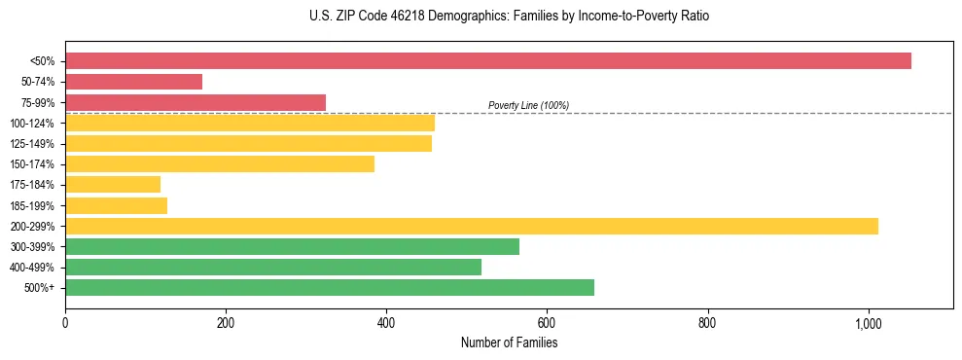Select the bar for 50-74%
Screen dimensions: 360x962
[134, 82]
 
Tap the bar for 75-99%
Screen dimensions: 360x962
[196, 102]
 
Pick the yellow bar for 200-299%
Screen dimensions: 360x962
[472, 226]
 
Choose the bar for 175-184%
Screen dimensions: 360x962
[113, 185]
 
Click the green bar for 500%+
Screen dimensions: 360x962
[330, 287]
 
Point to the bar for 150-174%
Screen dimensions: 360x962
[220, 164]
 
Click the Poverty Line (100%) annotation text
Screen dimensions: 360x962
[528, 105]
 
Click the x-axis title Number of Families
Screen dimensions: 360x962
[509, 342]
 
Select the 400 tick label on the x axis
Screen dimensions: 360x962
[386, 323]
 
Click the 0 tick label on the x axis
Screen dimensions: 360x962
[65, 323]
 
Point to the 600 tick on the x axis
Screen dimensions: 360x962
[547, 323]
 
